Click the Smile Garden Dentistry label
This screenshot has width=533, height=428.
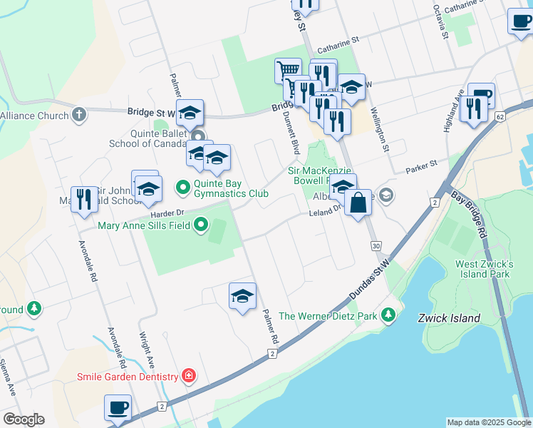coord(128,377)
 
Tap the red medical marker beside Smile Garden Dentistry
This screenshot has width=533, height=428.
coord(189,375)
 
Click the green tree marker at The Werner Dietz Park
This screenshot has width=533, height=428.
coord(388,314)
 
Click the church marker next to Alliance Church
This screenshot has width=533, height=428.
coord(79,114)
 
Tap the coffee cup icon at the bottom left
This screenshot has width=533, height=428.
coord(118,408)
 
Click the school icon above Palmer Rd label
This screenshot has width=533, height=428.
coord(242,295)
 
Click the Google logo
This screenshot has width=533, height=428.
coord(24,419)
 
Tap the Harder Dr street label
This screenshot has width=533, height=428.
coord(167,213)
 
